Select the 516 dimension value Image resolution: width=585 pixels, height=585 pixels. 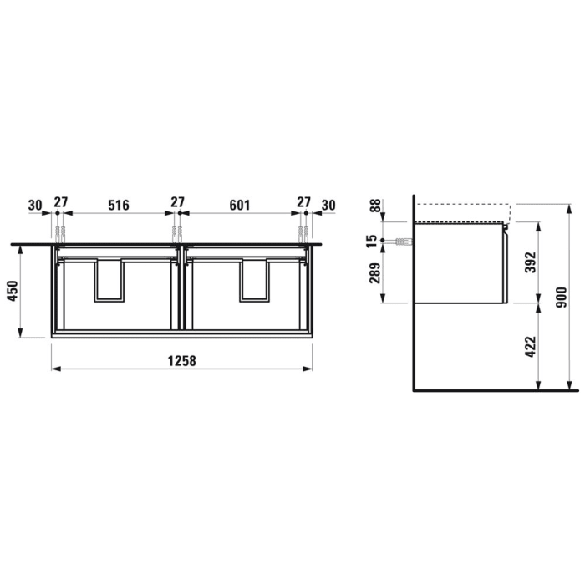[x=119, y=204]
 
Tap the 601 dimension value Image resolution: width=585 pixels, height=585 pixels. [x=240, y=204]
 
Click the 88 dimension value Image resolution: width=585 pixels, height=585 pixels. [x=376, y=206]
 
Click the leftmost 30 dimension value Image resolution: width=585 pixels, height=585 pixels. [x=35, y=204]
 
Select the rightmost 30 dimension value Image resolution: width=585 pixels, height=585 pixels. [x=328, y=204]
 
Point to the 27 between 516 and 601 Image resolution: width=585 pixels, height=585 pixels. [x=178, y=204]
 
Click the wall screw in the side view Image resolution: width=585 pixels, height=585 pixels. [x=402, y=241]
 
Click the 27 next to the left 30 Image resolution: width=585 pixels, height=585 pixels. [x=60, y=204]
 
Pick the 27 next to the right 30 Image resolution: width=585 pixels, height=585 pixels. [x=303, y=204]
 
